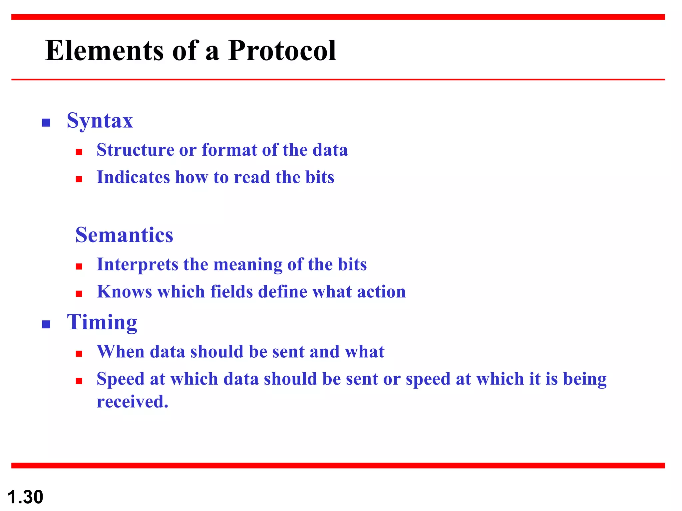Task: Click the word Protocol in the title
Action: (x=282, y=51)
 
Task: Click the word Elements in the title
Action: (x=104, y=51)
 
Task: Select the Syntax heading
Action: (x=100, y=120)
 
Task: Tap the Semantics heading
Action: (x=124, y=235)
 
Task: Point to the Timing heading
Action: (x=102, y=322)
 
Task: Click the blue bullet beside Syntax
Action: (x=46, y=123)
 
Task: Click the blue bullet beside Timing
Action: (x=46, y=324)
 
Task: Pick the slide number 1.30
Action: (x=25, y=497)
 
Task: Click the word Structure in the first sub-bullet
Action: (x=135, y=150)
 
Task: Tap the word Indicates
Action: (x=133, y=177)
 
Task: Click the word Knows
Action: (x=124, y=292)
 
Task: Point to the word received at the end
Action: (x=132, y=402)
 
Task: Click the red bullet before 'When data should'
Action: (x=79, y=354)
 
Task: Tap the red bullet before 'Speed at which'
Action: (x=79, y=381)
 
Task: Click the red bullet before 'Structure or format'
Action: (x=79, y=152)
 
